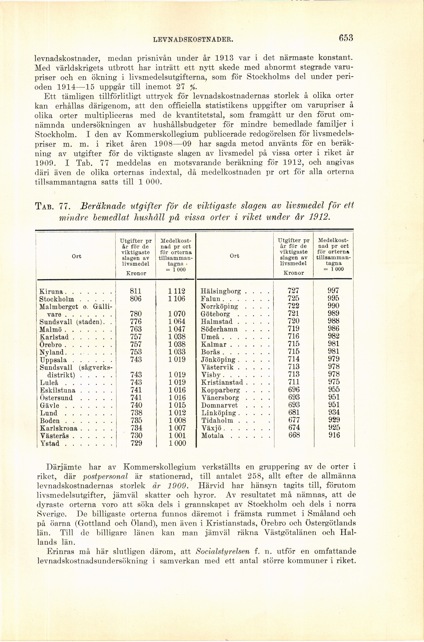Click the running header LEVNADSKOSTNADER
tap(193, 40)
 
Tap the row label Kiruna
tap(51, 292)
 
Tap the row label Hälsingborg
tap(221, 291)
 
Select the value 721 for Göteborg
tap(294, 314)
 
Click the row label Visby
tap(211, 375)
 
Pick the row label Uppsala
tap(53, 360)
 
